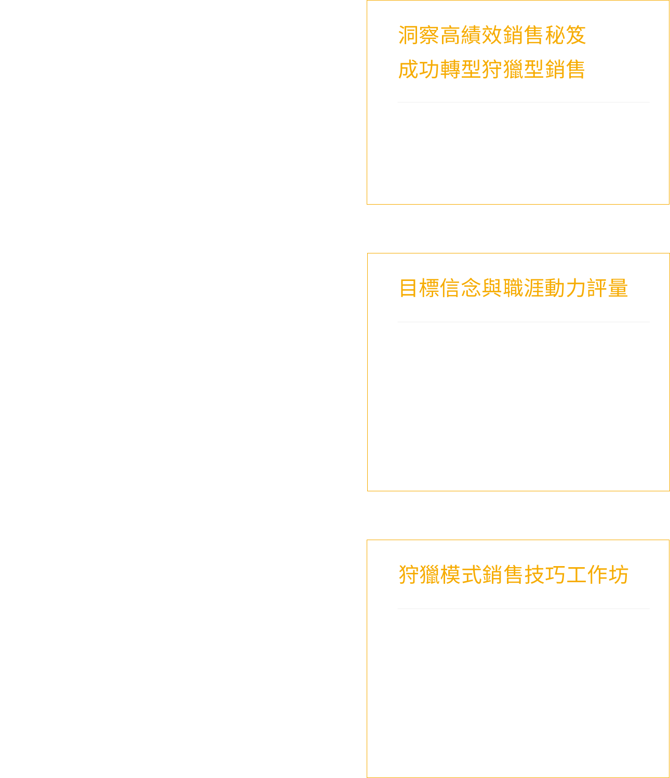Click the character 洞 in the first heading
408,35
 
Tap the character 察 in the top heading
428,35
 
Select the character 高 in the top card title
450,35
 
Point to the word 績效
481,35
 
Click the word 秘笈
566,35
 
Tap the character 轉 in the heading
450,69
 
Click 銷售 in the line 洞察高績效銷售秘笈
523,35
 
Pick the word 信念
461,288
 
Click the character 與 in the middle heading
491,288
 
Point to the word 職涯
523,288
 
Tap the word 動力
565,288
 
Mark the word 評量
607,288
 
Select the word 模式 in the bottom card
461,574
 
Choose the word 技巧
544,574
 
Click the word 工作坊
597,574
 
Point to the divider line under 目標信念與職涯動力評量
523,322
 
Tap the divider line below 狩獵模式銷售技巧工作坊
523,609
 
